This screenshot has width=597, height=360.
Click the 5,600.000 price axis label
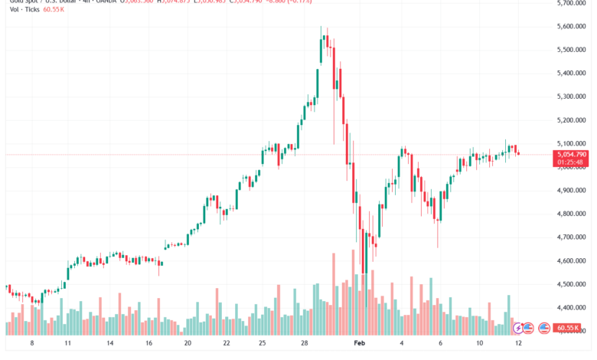[573, 26]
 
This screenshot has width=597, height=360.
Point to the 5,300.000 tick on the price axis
[573, 97]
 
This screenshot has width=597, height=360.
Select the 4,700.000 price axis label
[573, 237]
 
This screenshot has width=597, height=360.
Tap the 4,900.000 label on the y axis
[573, 190]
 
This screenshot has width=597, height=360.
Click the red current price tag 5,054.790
[573, 154]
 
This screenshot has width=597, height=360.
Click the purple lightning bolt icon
[518, 328]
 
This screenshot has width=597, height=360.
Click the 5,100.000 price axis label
[573, 143]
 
